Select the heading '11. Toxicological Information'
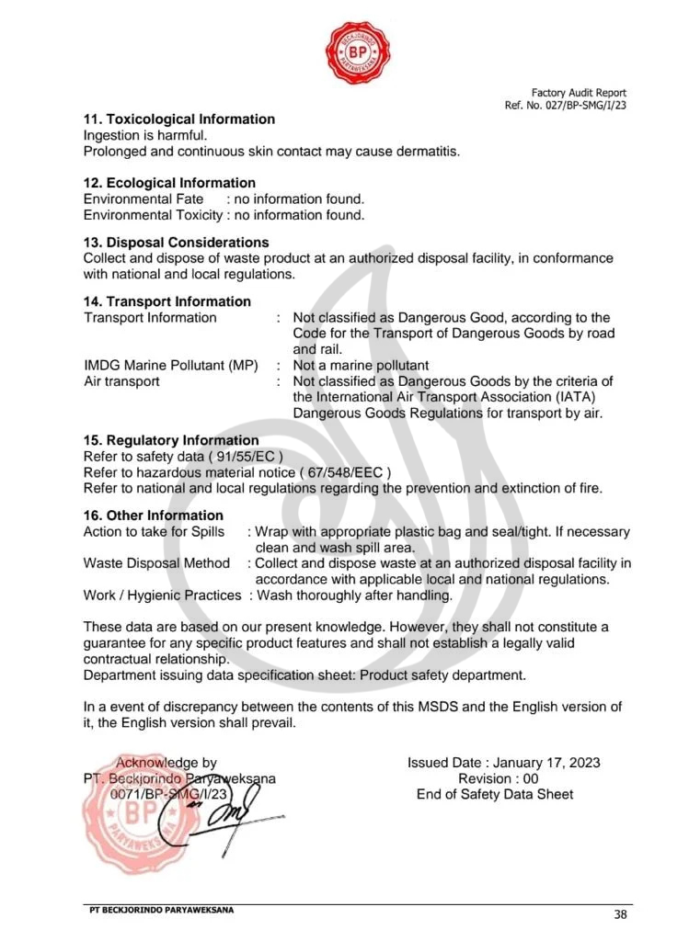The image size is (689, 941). (179, 119)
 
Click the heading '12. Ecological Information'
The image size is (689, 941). (169, 183)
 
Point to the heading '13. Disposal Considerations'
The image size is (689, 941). (176, 243)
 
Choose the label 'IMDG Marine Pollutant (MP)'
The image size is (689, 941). (171, 366)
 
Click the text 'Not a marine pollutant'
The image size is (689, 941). (361, 366)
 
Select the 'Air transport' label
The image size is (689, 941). (121, 381)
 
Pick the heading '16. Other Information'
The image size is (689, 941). (154, 516)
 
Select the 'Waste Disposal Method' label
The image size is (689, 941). (156, 563)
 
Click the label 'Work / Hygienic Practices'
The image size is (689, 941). (162, 595)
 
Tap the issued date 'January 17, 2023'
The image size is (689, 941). (546, 763)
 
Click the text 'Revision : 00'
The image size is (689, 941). (498, 778)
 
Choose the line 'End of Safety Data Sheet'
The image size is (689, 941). (495, 794)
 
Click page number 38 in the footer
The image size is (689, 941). (620, 914)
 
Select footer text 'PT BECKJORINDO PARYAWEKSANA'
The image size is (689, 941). (162, 910)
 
